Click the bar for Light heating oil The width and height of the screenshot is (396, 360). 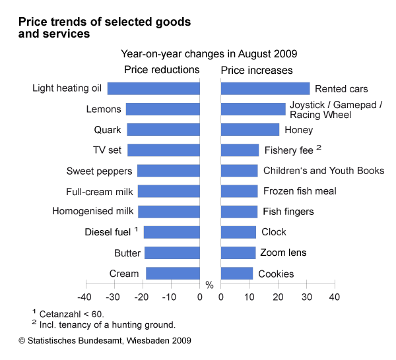click(x=154, y=88)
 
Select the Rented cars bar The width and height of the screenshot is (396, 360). click(x=265, y=88)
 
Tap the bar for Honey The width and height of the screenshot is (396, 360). click(x=250, y=130)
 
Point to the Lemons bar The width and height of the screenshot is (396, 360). click(x=163, y=109)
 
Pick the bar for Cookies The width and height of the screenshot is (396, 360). click(x=237, y=274)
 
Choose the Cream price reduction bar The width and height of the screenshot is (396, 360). click(x=173, y=274)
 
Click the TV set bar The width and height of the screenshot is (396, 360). click(x=164, y=150)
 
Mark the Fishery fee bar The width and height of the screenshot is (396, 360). click(x=240, y=150)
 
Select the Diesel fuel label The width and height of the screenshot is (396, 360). click(x=108, y=232)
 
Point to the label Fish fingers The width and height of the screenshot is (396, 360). click(x=287, y=212)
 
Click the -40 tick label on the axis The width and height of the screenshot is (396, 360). click(x=84, y=297)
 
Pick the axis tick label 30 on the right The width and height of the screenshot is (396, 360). click(x=306, y=297)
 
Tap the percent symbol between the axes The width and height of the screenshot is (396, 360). click(x=210, y=285)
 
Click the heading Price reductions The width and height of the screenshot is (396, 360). click(x=162, y=70)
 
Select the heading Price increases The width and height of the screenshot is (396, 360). click(x=257, y=70)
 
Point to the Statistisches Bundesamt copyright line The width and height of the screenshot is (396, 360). click(x=105, y=341)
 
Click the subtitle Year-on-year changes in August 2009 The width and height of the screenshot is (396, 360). click(x=209, y=53)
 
